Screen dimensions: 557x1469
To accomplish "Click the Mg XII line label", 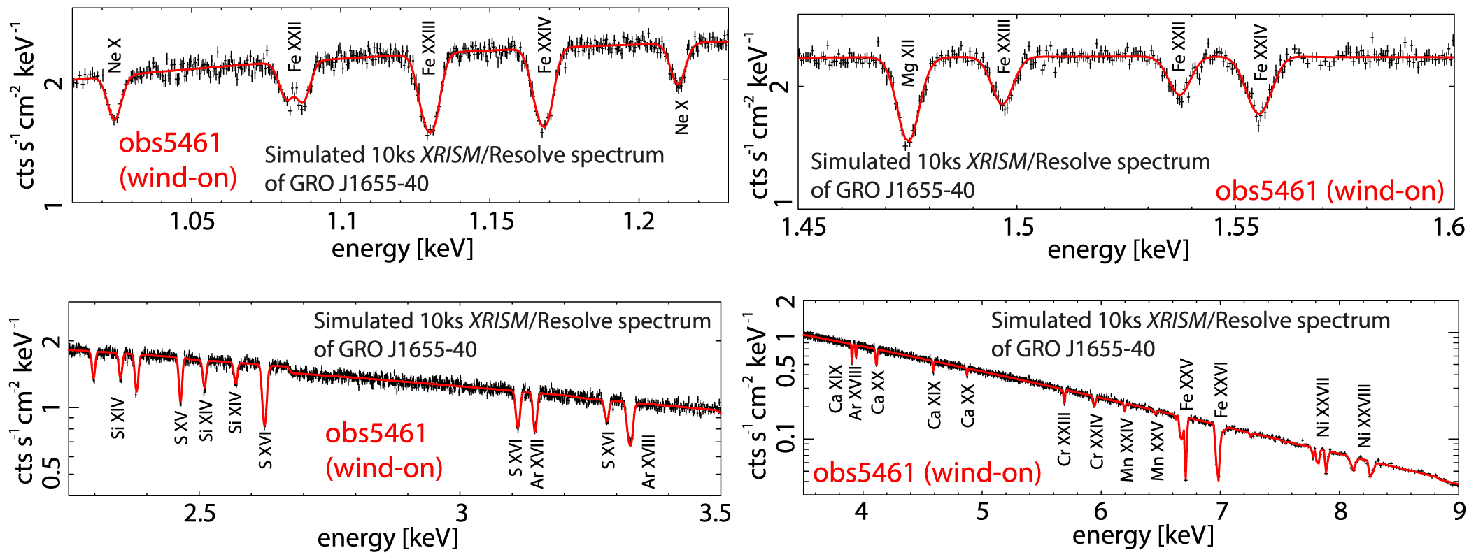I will tap(908, 64).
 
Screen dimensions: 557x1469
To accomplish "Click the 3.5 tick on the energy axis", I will tap(715, 514).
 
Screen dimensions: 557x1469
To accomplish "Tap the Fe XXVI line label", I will tap(1221, 390).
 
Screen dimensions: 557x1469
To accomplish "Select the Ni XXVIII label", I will tap(1364, 416).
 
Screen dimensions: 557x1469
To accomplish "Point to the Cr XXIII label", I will tap(1064, 439).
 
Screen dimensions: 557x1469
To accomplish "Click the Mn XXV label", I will tap(1158, 451).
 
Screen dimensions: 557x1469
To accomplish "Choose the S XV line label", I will tap(181, 428).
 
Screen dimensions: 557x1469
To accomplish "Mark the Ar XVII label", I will tap(537, 464).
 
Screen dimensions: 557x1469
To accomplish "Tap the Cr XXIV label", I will tap(1097, 442).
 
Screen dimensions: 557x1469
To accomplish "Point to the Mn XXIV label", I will tap(1127, 450).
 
